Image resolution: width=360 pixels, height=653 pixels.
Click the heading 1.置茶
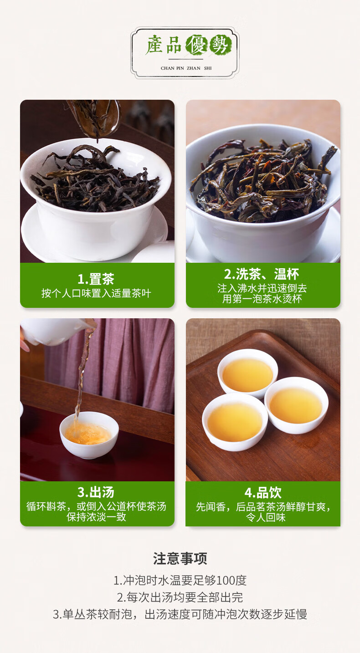96,279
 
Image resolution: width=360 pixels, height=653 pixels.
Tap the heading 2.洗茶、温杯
262,274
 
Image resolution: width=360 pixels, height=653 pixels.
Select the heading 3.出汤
96,492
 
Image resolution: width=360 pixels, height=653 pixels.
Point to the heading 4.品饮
263,493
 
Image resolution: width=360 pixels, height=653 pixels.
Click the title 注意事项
180,559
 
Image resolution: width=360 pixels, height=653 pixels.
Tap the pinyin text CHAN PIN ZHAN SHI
186,68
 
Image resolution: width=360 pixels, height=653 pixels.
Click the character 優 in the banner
197,45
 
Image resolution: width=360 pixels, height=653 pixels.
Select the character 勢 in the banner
221,45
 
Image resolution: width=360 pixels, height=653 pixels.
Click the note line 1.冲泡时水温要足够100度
180,581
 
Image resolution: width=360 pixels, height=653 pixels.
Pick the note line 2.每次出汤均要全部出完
180,597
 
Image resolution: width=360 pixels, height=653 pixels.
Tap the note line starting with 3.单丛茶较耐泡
180,614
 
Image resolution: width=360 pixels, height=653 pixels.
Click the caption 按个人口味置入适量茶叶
96,293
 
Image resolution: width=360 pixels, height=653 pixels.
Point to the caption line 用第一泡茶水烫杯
262,299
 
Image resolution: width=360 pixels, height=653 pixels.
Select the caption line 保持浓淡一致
96,517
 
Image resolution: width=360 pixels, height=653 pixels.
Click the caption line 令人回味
266,517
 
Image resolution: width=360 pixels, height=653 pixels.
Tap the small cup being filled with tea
89,435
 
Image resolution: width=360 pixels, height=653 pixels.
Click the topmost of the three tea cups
247,373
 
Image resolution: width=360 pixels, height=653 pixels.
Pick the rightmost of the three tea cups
296,405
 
